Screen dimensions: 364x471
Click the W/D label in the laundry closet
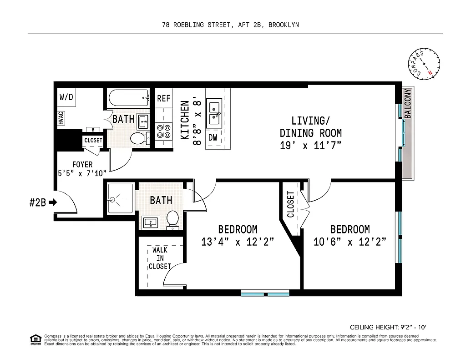point(66,97)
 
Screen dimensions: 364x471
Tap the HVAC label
point(61,118)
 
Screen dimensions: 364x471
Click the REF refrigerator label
point(164,98)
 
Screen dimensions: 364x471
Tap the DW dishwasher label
point(213,137)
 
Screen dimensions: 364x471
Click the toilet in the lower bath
point(173,219)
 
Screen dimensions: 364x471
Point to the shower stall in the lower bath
point(120,199)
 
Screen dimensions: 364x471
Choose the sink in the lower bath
point(151,223)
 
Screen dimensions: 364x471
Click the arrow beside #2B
point(53,202)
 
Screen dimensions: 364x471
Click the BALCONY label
point(408,104)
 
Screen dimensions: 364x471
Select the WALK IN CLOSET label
point(160,258)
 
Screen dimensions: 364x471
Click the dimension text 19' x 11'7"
point(310,146)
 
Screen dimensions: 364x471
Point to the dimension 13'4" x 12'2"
point(238,242)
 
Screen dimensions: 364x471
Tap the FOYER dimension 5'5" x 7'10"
point(82,173)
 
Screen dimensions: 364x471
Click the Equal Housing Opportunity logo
point(35,339)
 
